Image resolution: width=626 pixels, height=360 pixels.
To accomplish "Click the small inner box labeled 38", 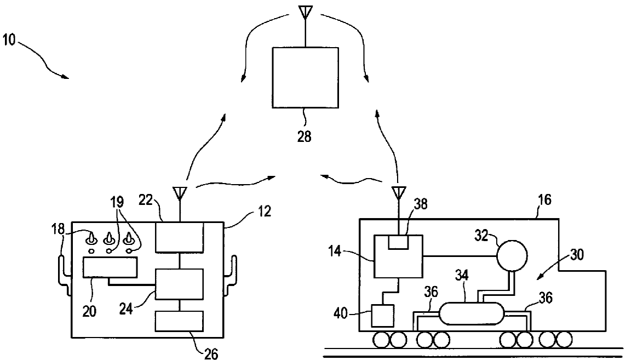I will [398, 242].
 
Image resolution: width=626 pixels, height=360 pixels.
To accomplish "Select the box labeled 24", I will [179, 284].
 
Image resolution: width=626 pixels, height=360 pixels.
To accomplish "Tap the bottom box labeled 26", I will [179, 321].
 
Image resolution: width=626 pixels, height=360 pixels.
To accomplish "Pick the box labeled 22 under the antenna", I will [179, 237].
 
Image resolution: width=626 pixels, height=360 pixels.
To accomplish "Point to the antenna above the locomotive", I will [398, 193].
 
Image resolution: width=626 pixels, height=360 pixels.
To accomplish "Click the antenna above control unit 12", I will [179, 193].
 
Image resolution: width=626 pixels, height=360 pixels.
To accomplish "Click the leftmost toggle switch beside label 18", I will [91, 239].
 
